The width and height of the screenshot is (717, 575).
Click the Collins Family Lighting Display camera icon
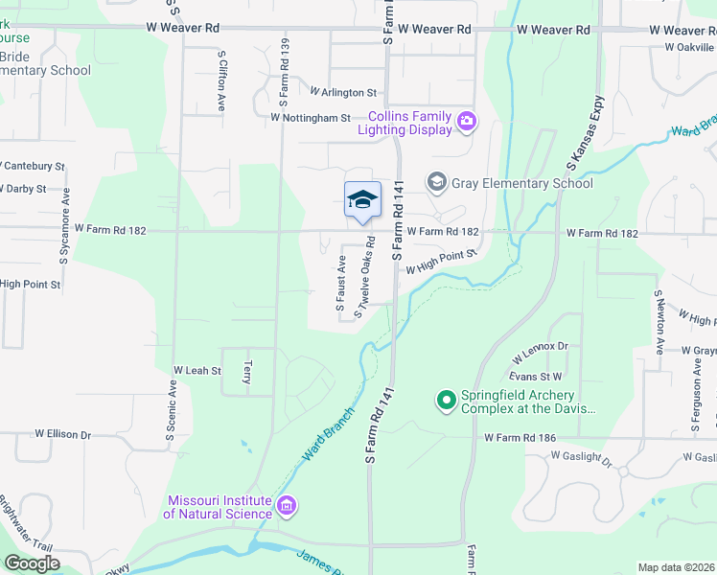[467, 121]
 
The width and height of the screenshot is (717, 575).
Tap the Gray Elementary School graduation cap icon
[436, 182]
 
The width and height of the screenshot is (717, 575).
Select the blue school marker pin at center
[362, 201]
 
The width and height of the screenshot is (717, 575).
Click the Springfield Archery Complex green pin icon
[446, 401]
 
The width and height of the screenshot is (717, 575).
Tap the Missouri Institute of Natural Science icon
[286, 505]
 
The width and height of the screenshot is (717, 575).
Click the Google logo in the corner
[33, 563]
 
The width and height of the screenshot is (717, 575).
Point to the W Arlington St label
[343, 92]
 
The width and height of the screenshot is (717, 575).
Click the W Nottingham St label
[311, 118]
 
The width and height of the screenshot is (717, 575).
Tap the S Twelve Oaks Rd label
[363, 286]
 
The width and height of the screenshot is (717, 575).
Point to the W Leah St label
[197, 370]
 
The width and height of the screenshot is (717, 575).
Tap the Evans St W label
[536, 378]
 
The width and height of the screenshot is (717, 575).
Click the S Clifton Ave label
[221, 81]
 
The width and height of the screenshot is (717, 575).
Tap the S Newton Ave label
[659, 323]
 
